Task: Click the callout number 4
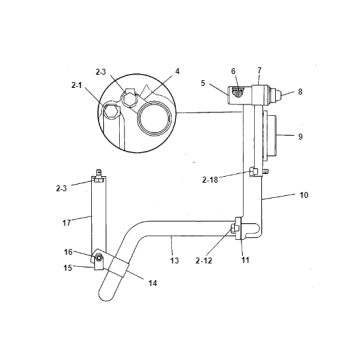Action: (178, 71)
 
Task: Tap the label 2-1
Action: (77, 86)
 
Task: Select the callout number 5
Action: (203, 84)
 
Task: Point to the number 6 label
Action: (234, 71)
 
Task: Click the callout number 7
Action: (259, 71)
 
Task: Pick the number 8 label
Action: (299, 93)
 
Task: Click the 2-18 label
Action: (211, 179)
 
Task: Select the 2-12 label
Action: (204, 260)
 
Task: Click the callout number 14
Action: (153, 284)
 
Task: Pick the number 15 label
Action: (68, 267)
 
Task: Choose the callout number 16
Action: (68, 252)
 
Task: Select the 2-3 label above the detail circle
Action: (101, 71)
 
